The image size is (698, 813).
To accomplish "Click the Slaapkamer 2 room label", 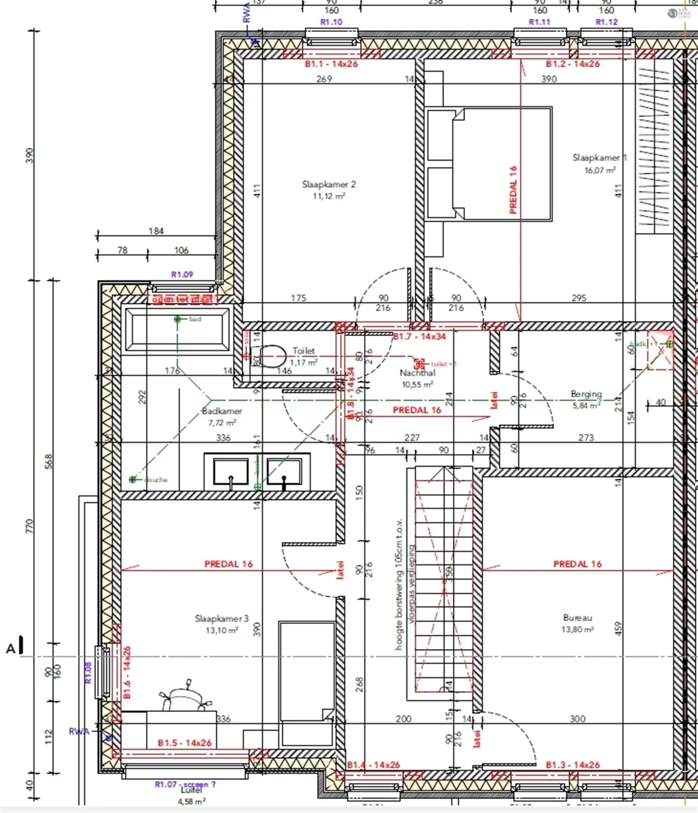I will [x=329, y=184].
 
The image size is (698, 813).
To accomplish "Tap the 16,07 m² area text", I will [x=599, y=170].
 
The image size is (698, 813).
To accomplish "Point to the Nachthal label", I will [x=417, y=373].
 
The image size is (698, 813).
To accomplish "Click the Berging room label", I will [x=586, y=394].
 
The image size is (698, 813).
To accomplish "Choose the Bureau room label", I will [x=577, y=618].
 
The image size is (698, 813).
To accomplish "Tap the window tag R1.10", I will [x=331, y=22].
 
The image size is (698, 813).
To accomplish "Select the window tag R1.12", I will [x=606, y=22].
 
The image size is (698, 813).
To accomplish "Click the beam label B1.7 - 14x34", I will [x=419, y=336].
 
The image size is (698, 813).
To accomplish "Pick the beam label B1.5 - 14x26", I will [x=184, y=743].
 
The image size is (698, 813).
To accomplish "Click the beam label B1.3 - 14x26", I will [x=573, y=765].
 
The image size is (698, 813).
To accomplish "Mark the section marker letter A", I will [x=11, y=649].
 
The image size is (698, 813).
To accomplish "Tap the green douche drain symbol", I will [x=133, y=479].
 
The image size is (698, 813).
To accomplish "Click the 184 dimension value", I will [x=156, y=231].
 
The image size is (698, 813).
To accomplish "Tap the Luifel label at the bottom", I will [x=191, y=790].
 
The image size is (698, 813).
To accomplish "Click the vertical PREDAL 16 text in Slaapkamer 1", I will [x=513, y=190].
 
